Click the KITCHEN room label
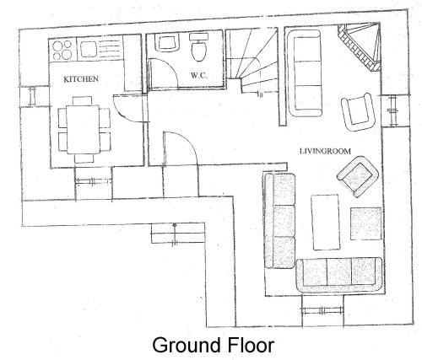(x=81, y=79)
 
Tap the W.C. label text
(x=199, y=75)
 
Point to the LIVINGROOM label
(x=325, y=151)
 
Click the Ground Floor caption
(x=213, y=345)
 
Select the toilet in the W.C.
(x=199, y=47)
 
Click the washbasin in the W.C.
(x=167, y=42)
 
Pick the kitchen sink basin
(x=89, y=49)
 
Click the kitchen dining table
(x=83, y=129)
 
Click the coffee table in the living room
(x=325, y=222)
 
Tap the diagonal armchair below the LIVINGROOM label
(x=358, y=176)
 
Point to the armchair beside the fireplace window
(x=358, y=111)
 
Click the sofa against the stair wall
(x=305, y=73)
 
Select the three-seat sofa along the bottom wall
(x=339, y=275)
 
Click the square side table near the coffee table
(x=365, y=223)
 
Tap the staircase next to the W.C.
(x=252, y=61)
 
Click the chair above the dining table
(x=82, y=100)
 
